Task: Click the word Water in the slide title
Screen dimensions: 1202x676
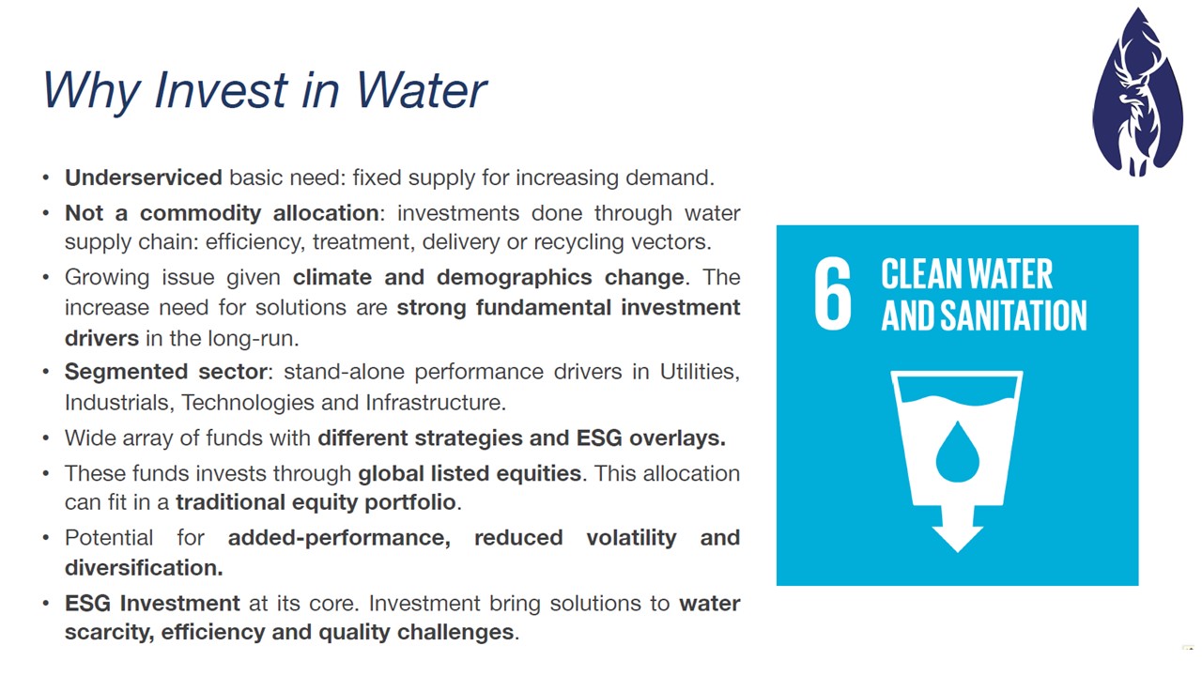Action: tap(420, 89)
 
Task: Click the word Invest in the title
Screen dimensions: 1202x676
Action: tap(220, 89)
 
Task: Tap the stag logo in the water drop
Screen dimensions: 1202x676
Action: tap(1137, 92)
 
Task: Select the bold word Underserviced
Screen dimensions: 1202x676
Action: tap(144, 177)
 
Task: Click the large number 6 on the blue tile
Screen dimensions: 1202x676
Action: tap(832, 293)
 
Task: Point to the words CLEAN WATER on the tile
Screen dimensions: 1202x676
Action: tap(966, 273)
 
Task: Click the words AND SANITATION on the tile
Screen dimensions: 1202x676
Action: tap(984, 315)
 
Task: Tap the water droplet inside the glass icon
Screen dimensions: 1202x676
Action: tap(957, 452)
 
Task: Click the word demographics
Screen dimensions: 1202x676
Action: tap(514, 278)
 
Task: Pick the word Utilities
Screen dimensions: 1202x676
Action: tap(700, 372)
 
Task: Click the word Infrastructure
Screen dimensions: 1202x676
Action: tap(435, 403)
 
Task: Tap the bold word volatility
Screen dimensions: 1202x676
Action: tap(631, 538)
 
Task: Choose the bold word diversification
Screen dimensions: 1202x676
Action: tap(144, 568)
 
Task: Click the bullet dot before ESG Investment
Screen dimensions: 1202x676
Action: tap(46, 604)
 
